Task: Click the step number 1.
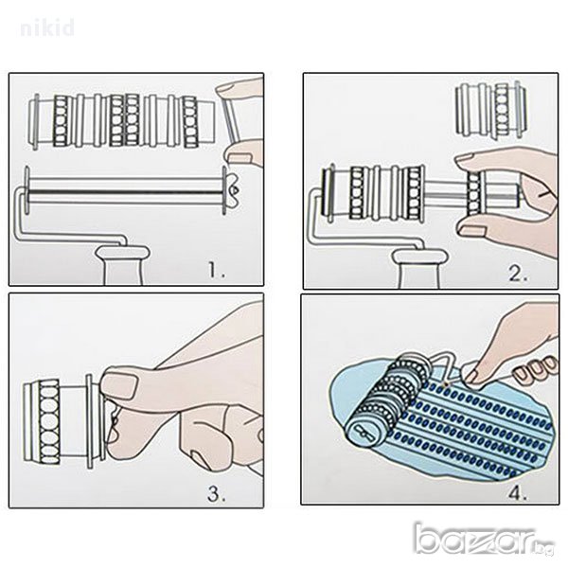(216, 270)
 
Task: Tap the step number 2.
(518, 274)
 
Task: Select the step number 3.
(216, 493)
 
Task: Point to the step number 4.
(517, 492)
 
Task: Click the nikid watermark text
(47, 28)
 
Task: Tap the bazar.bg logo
(485, 541)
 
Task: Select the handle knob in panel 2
(421, 269)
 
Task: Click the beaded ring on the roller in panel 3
(48, 422)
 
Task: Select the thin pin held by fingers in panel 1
(228, 121)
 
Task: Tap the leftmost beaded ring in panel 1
(61, 121)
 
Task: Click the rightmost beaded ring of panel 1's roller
(190, 122)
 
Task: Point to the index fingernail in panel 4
(470, 376)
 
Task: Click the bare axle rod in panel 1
(125, 191)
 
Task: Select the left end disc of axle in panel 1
(27, 189)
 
